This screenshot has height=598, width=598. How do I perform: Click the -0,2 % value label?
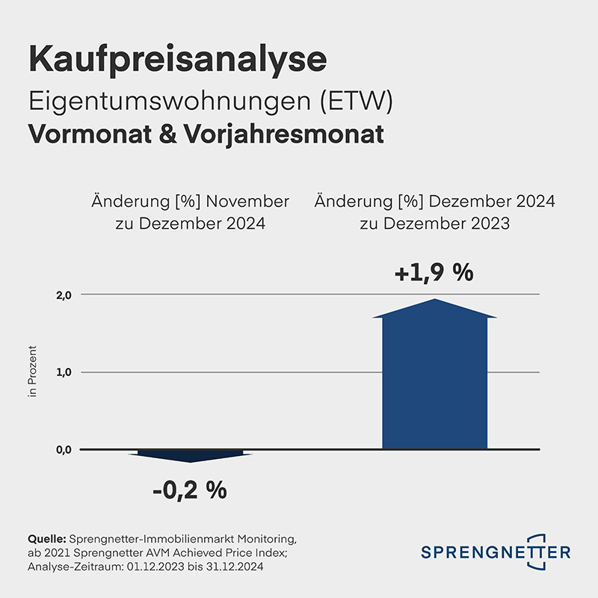(x=189, y=491)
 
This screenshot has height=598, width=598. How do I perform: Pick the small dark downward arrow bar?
(x=191, y=454)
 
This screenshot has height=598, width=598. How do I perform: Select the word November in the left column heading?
(x=248, y=202)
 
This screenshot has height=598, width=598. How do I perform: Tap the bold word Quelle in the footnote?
(x=47, y=539)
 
